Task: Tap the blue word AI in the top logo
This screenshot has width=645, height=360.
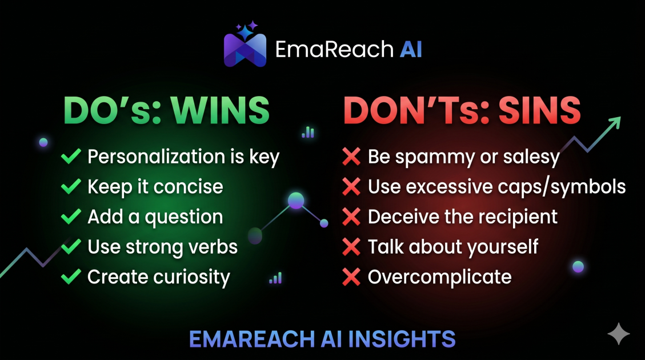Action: [411, 49]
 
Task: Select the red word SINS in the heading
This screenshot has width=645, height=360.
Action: [540, 110]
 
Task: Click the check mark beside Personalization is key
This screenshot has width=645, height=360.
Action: [71, 157]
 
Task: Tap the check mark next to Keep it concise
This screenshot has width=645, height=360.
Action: [71, 186]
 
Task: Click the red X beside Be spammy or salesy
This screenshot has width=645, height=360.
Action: [351, 157]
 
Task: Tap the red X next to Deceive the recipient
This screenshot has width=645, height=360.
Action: [351, 217]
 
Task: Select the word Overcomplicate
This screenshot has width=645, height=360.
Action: [440, 277]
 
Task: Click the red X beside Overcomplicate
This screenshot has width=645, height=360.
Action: [351, 277]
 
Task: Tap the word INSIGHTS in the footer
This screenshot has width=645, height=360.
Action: [402, 339]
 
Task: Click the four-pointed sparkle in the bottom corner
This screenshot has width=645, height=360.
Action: [619, 333]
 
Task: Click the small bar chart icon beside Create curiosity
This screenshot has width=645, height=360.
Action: [275, 278]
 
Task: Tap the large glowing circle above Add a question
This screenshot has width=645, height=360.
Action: [296, 201]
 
